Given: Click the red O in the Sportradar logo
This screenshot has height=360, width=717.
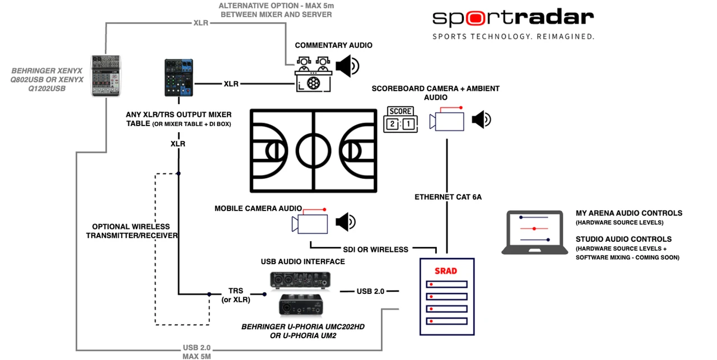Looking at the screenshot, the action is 476,18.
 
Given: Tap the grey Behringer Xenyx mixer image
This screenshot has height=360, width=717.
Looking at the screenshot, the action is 106,76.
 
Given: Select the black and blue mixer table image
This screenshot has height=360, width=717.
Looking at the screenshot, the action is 179,77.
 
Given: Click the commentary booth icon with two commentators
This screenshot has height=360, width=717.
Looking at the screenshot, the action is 313,74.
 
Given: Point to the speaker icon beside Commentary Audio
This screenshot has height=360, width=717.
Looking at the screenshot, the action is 347,66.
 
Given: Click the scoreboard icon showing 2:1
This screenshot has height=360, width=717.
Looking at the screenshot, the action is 401,119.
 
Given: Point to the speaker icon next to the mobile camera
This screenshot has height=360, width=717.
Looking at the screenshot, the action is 346,222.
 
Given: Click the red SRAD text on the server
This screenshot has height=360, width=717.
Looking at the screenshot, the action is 445,271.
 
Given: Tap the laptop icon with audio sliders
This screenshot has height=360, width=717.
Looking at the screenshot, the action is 534,232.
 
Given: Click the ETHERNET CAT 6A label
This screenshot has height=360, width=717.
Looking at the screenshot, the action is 448,197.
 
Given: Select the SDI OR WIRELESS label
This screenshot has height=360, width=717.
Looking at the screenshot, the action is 375,249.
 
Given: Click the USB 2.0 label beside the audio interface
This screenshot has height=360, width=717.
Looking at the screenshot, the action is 370,291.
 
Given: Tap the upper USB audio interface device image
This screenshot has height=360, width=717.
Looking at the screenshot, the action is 300,280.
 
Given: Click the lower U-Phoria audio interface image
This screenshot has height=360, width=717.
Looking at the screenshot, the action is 301,305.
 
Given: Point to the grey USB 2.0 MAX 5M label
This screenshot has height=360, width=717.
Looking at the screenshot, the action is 197,352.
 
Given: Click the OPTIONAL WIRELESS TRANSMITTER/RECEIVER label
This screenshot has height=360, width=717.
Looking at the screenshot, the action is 131,231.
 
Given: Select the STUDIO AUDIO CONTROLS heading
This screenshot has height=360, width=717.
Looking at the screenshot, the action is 623,239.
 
